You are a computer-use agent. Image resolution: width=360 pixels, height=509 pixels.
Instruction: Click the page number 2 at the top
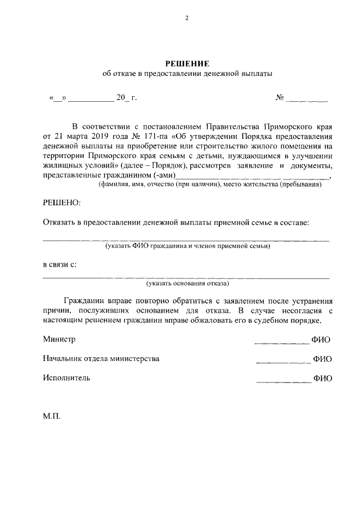pos(186,17)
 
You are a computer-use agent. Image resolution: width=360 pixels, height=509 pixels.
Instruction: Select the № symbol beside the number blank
pos(280,98)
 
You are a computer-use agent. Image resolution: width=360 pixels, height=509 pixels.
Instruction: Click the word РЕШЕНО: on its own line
pos(62,202)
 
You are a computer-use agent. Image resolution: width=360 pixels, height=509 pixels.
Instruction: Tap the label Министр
pos(59,339)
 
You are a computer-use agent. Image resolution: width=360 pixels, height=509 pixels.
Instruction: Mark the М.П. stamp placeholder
pos(51,418)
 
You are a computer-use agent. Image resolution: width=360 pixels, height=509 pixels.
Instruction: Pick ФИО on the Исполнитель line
pos(322,379)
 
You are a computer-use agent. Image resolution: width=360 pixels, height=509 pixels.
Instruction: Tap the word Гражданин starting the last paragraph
pos(83,301)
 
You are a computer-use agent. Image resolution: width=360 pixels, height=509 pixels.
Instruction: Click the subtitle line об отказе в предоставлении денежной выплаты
pos(186,74)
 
